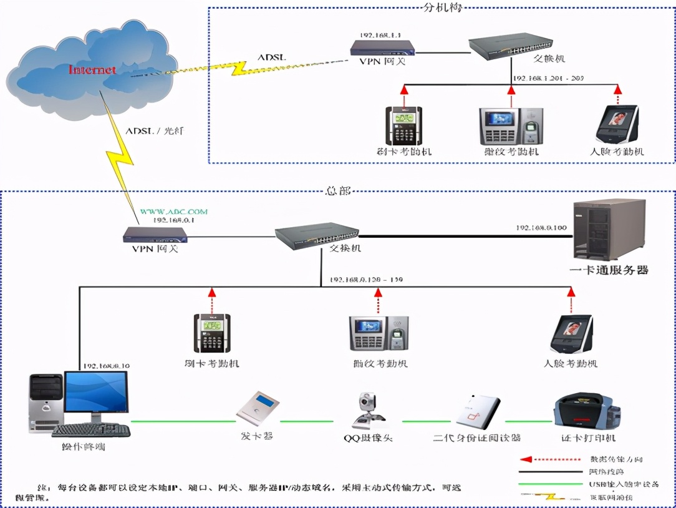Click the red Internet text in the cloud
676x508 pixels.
(92, 69)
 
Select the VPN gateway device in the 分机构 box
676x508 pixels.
(383, 47)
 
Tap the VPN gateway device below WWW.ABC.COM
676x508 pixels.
(155, 235)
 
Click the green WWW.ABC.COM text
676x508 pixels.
(174, 212)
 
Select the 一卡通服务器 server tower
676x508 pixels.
(609, 230)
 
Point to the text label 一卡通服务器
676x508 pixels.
(609, 270)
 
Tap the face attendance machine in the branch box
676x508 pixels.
(617, 124)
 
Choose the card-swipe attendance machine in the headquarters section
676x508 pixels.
(212, 333)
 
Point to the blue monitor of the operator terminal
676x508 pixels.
(96, 392)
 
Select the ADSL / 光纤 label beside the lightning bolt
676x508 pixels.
(155, 131)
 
